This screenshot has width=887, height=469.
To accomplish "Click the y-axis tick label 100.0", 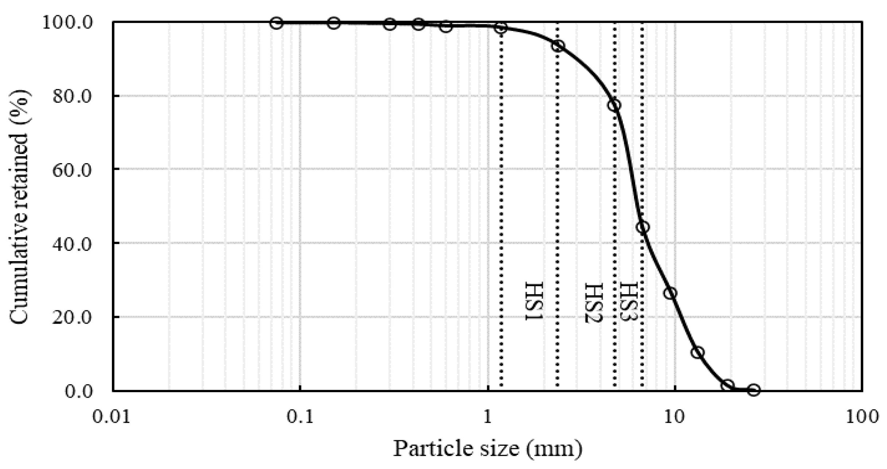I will click(68, 23).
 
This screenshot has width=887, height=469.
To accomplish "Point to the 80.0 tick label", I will click(72, 96).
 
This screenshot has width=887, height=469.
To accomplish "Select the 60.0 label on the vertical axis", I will click(72, 170).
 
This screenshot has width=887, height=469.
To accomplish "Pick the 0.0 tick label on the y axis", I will click(78, 391).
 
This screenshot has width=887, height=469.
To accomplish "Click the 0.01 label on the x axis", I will click(111, 417).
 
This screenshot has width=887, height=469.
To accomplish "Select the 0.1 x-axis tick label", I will click(300, 417).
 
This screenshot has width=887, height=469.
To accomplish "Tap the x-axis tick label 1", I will click(488, 417).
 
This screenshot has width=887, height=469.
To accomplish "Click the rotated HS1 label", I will click(534, 301).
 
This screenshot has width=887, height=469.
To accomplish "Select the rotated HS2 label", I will click(594, 302).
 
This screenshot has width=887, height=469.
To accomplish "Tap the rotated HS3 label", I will click(628, 301).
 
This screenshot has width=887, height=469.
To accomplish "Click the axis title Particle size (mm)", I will click(488, 449).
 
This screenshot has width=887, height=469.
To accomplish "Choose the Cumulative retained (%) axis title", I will click(19, 208).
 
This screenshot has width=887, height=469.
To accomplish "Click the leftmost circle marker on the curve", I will click(277, 23).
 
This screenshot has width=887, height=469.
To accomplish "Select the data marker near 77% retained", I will click(614, 106).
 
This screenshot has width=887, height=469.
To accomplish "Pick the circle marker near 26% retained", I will click(670, 293).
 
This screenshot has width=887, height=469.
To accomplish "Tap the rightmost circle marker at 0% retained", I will click(754, 390).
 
